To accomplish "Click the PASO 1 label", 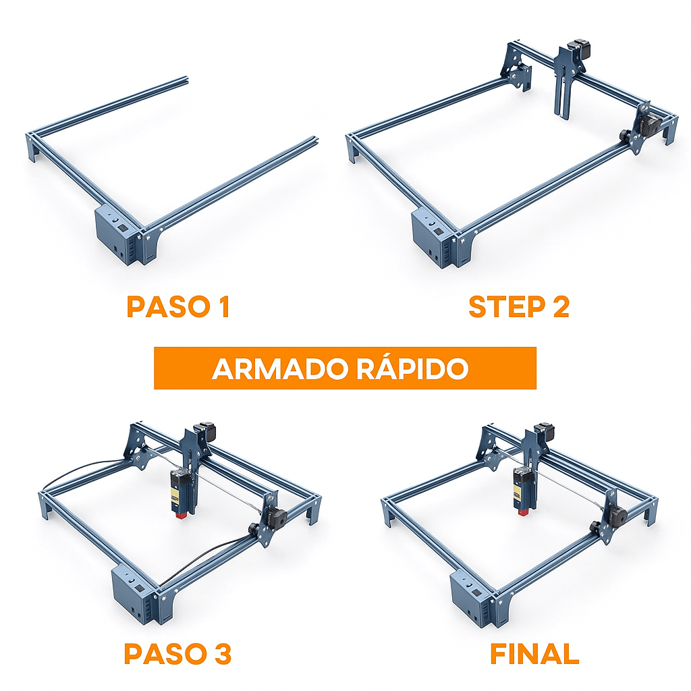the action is point(178,306).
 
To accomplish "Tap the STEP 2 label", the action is point(519,306).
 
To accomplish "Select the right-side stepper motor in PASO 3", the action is point(277,515).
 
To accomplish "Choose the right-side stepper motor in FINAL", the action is point(617,514).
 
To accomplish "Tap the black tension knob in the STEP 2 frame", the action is point(624,134).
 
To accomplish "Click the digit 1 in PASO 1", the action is point(225,306).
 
